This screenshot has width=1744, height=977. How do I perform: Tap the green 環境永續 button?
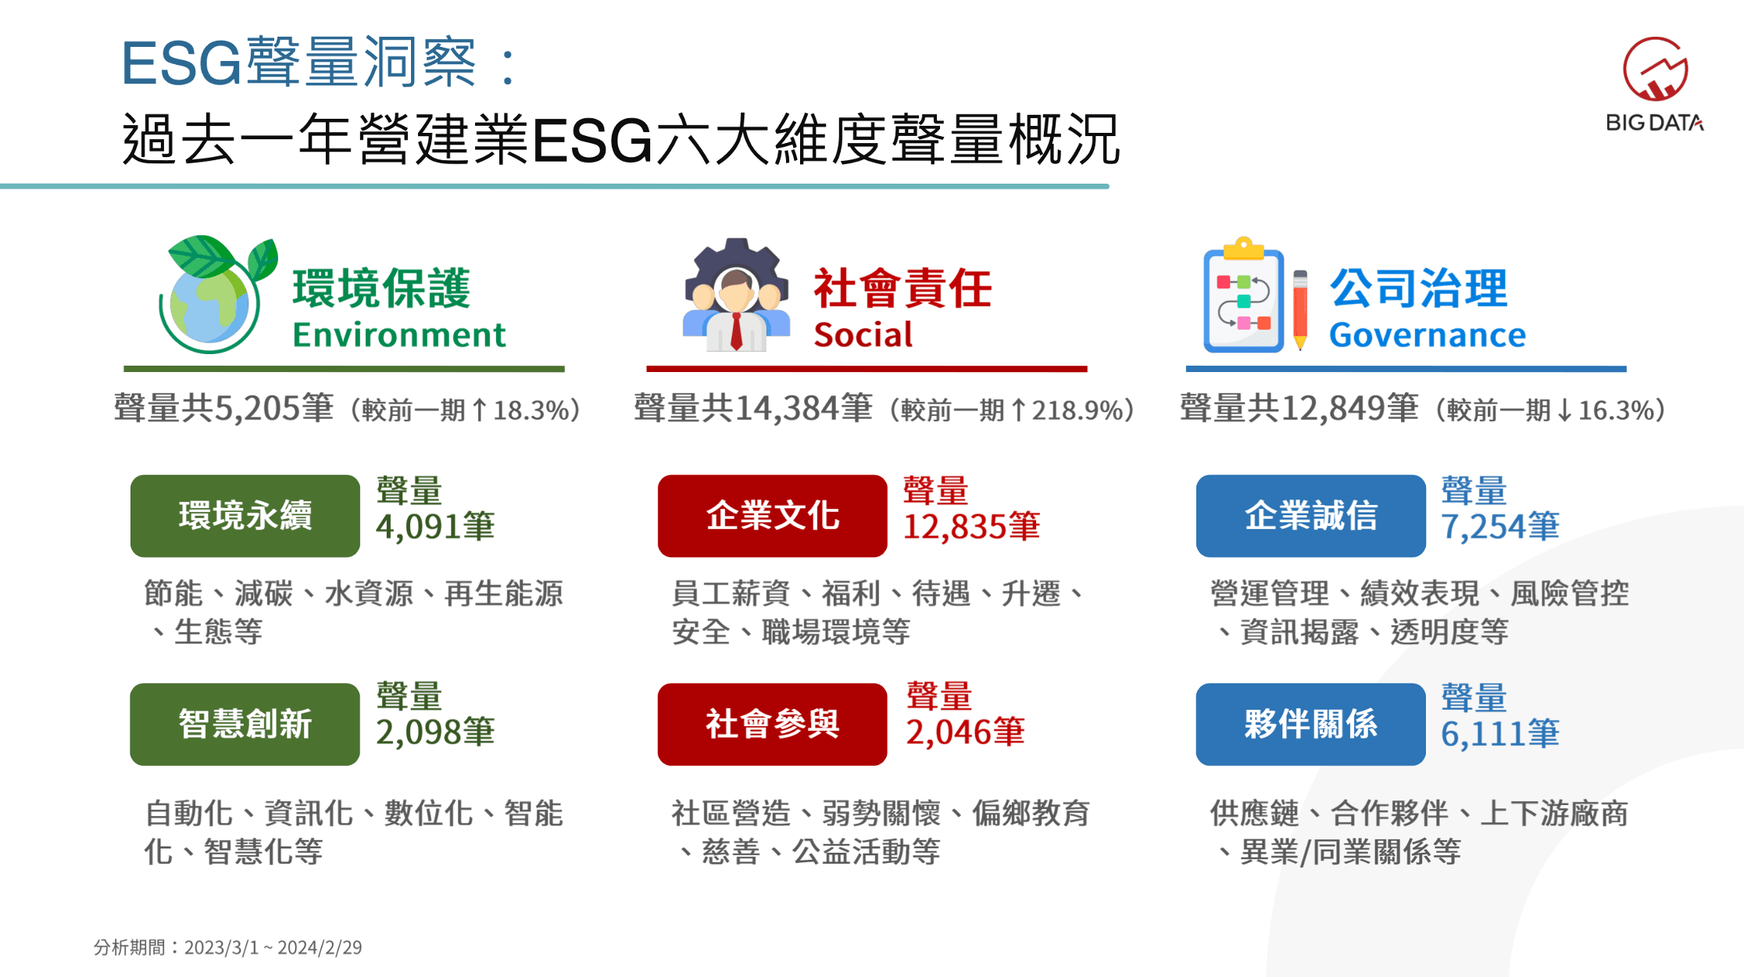(x=245, y=516)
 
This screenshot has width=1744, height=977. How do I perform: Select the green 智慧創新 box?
(x=245, y=724)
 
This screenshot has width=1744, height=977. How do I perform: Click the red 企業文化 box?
(x=772, y=516)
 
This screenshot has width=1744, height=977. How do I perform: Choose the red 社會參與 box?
(x=772, y=724)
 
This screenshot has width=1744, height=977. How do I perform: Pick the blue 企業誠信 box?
(x=1310, y=516)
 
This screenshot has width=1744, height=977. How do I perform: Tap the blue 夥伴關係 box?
(x=1310, y=724)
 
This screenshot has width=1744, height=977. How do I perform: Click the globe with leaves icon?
(x=217, y=294)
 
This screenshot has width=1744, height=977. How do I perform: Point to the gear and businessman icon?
(x=736, y=295)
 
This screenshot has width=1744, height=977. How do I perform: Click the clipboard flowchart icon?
(x=1244, y=295)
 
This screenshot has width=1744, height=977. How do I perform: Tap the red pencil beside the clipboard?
(x=1300, y=310)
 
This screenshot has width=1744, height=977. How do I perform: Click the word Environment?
(x=399, y=335)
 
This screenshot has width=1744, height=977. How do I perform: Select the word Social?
(x=863, y=335)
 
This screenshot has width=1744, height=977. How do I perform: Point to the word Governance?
(x=1428, y=335)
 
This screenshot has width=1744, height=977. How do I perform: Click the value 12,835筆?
(x=971, y=526)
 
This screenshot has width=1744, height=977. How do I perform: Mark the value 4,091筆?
(x=435, y=526)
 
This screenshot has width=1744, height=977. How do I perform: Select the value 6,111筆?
(x=1500, y=734)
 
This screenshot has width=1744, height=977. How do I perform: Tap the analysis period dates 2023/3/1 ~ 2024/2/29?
(x=273, y=947)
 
